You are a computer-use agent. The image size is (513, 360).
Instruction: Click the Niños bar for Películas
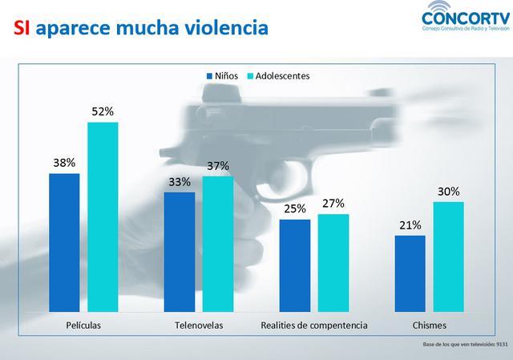(x=64, y=241)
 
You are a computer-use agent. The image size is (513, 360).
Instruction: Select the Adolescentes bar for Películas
(x=103, y=216)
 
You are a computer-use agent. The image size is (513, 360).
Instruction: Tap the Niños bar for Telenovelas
(x=180, y=251)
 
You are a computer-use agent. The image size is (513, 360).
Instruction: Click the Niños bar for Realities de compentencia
(x=295, y=265)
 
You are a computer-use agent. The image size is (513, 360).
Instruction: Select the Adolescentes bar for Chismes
(x=449, y=256)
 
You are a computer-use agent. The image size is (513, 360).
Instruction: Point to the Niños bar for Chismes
(x=410, y=273)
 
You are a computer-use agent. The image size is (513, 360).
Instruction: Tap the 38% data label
(x=64, y=163)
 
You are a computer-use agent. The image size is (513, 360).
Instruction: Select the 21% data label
(x=410, y=225)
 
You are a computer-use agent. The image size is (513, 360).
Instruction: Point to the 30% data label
(x=449, y=192)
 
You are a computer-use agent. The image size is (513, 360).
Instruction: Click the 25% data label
(x=295, y=209)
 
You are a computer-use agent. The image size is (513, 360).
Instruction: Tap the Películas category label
(x=83, y=326)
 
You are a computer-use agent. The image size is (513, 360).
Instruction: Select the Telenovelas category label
(x=198, y=326)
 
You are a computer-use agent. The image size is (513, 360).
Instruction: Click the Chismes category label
(x=430, y=326)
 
